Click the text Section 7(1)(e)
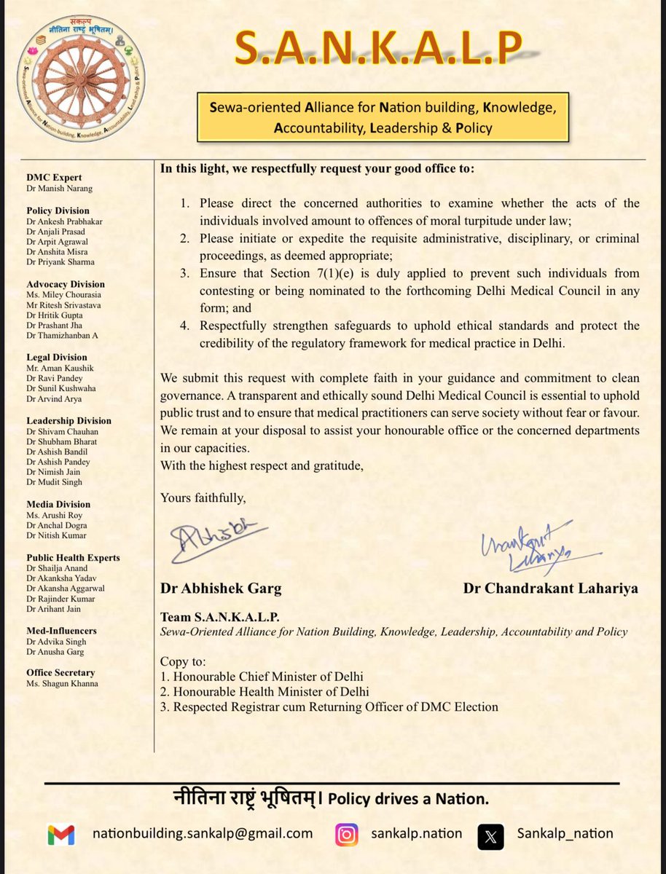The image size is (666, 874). point(316,273)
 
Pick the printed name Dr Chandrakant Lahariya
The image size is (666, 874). point(550,588)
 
